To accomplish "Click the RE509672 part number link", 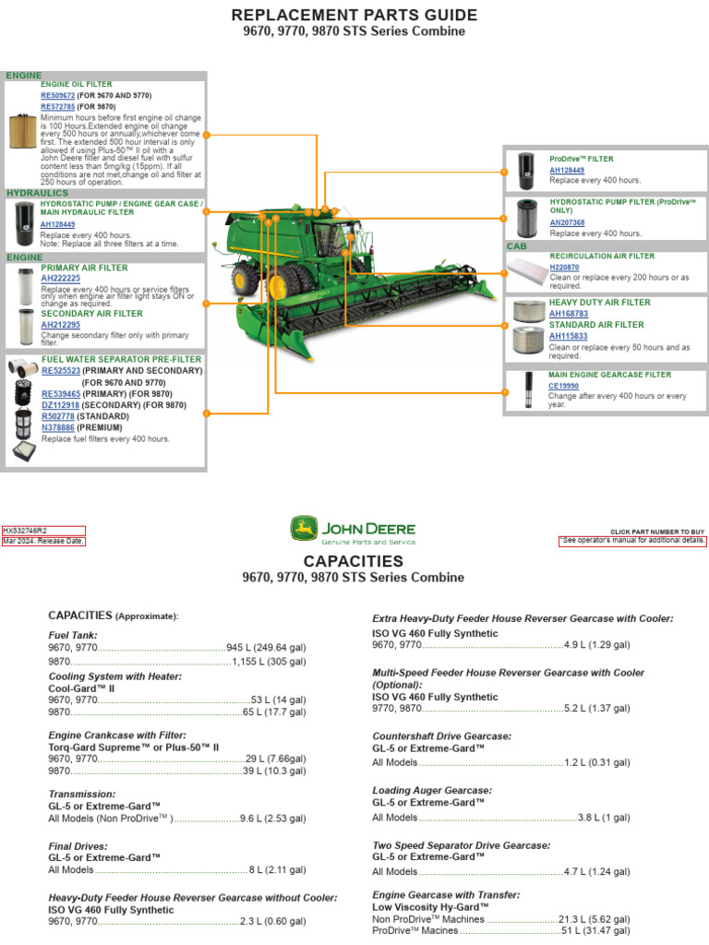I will point(57,95).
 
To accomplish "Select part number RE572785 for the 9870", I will point(57,106).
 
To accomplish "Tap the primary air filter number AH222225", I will point(60,278).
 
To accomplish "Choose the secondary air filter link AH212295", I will point(60,325).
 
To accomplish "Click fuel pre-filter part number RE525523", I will point(61,370).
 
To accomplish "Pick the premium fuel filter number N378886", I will point(57,428).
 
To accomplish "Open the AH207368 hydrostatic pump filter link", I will point(567,222).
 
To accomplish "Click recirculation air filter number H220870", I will point(565,267).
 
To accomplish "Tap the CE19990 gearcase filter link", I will point(564,386).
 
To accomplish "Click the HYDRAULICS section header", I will point(38,193).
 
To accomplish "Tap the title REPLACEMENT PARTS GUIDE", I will point(354,15).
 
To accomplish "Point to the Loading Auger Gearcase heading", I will point(432,791).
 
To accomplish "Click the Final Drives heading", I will point(78,845).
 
